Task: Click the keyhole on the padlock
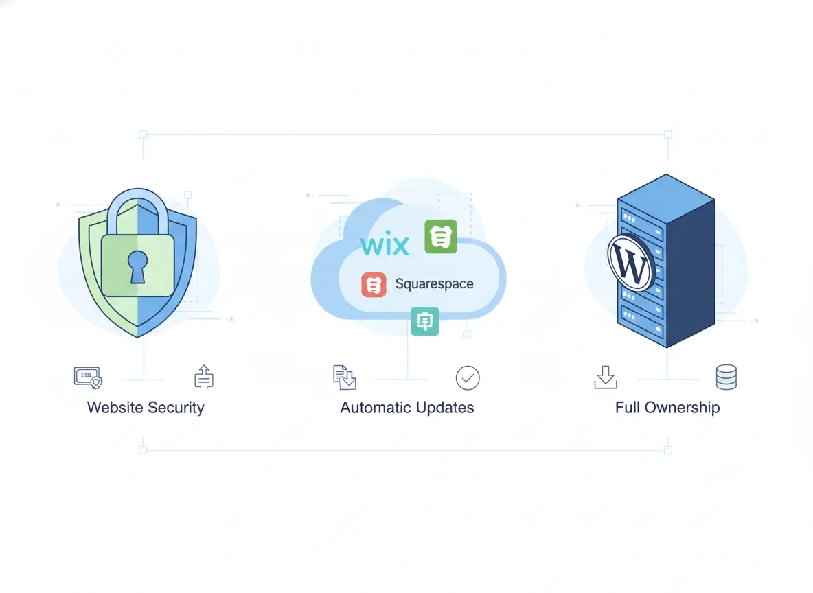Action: pos(138,266)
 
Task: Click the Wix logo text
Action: pos(385,244)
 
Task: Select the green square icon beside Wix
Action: pos(440,237)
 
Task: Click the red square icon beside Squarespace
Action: pos(374,284)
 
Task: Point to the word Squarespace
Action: pos(434,284)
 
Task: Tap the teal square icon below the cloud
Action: pos(424,321)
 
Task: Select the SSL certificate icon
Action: pos(87,377)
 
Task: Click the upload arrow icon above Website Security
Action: pos(203,377)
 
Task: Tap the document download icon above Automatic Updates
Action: pos(344,377)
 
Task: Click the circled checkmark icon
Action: pos(468,377)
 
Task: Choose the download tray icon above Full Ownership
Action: pos(605,377)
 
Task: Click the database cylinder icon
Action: pos(726,377)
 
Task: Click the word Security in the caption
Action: pos(176,408)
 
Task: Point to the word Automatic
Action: pos(375,408)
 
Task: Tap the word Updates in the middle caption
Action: pos(444,408)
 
